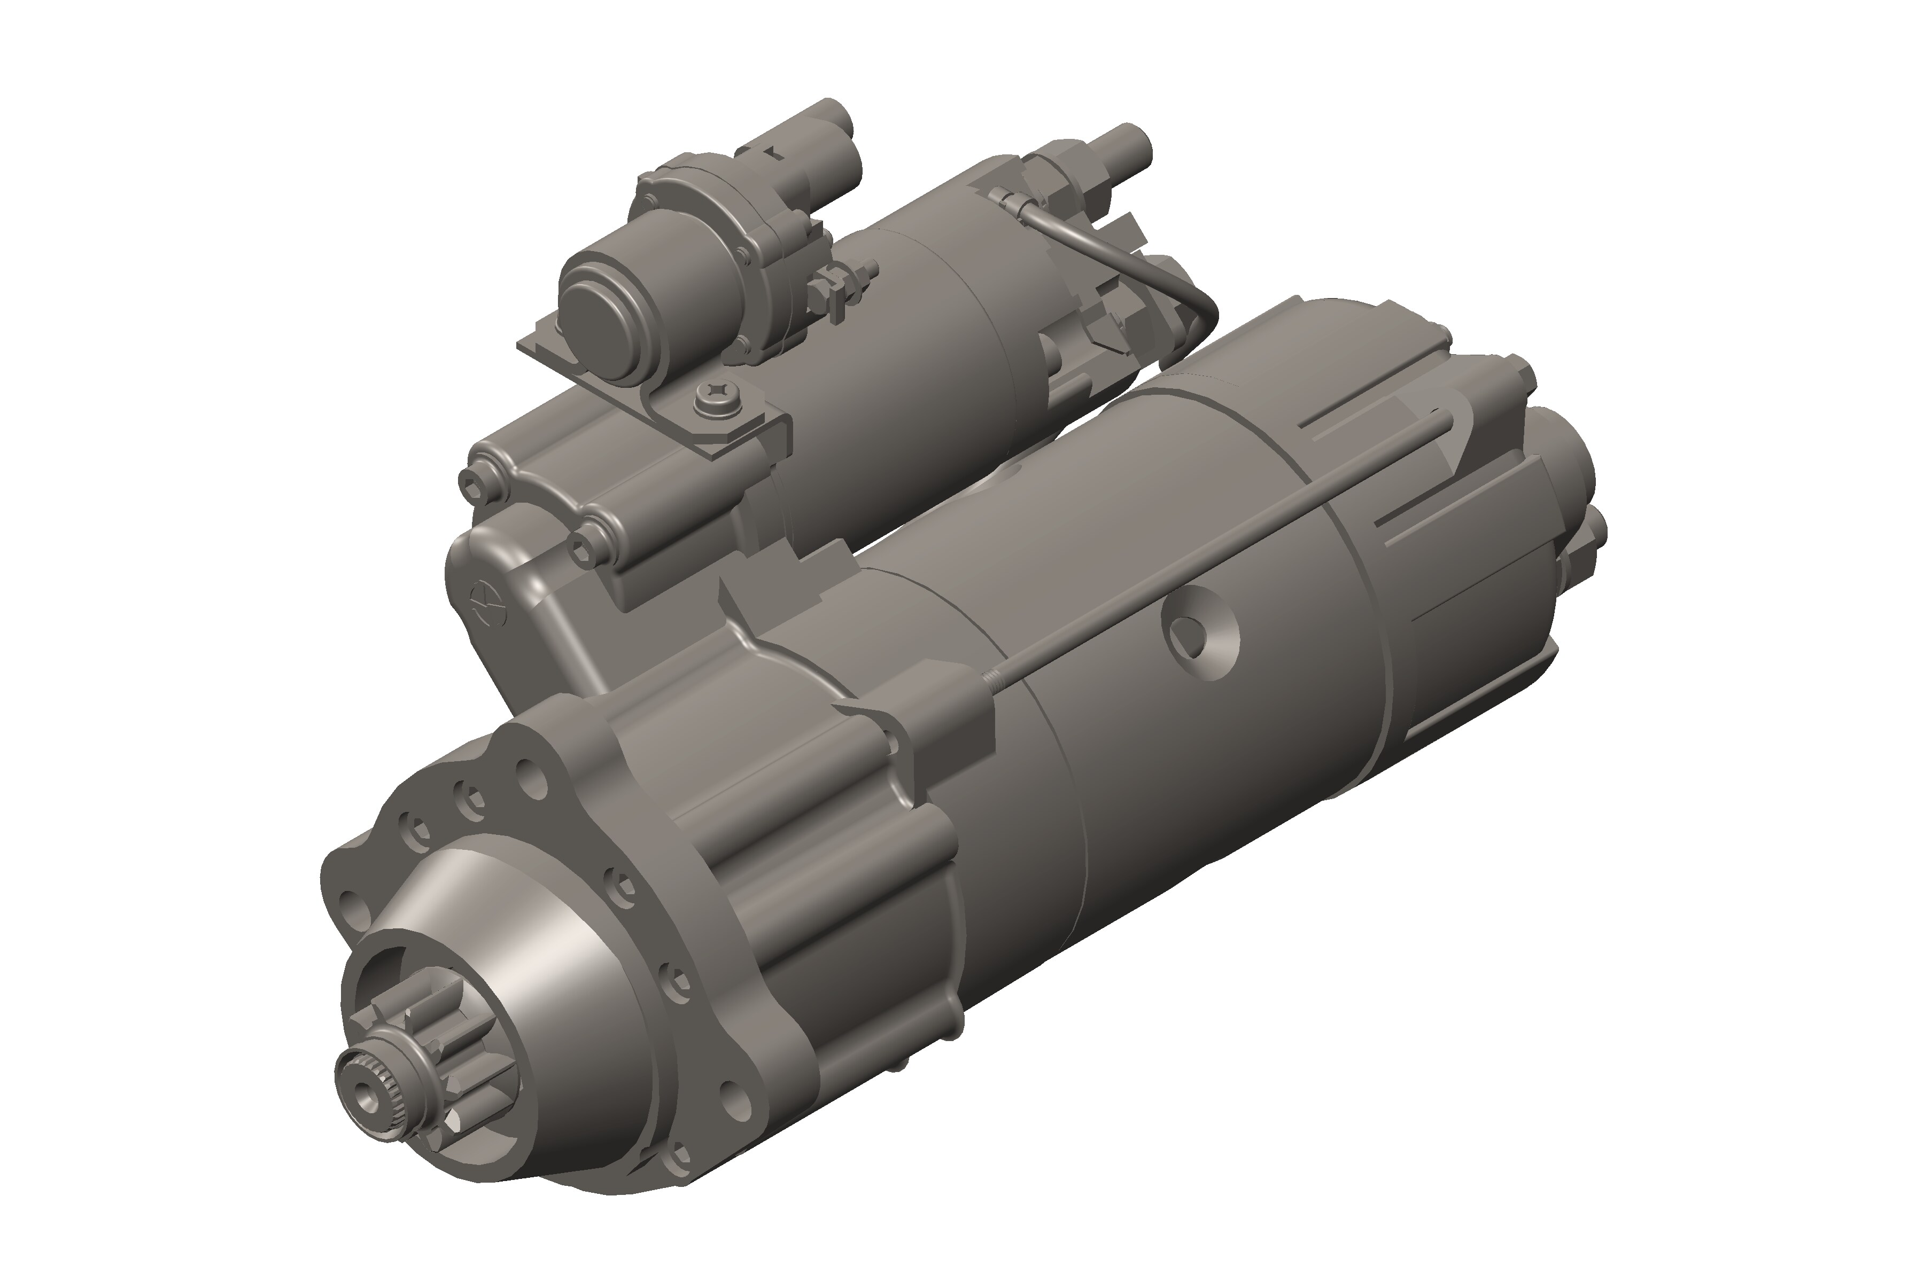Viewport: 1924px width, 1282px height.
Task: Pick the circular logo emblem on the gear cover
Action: coord(488,601)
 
